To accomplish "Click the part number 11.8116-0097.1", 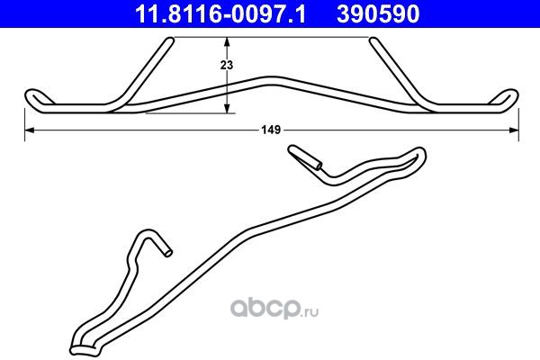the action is point(220,14).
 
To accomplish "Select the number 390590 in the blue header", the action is point(378,14).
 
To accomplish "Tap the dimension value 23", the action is point(227,65).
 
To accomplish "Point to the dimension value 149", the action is point(272,130).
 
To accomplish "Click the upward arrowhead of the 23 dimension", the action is point(227,42).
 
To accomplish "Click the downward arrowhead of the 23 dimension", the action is point(227,108).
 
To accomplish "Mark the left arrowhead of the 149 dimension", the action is point(30,130).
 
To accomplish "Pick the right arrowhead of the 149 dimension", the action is point(514,130).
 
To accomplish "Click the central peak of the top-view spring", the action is point(272,80).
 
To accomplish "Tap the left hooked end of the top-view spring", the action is point(33,97).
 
